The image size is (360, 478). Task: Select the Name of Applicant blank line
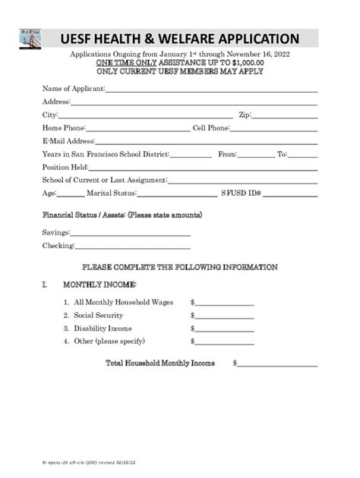click(x=210, y=90)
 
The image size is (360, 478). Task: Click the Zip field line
click(x=284, y=116)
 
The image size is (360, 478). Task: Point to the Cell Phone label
click(x=210, y=128)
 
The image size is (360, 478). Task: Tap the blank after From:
click(x=256, y=155)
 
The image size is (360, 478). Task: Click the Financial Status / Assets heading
click(x=122, y=215)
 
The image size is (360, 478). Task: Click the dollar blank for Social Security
click(x=224, y=317)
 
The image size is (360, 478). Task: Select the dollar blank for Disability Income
click(x=224, y=330)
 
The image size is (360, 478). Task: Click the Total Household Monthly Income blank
click(x=277, y=365)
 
